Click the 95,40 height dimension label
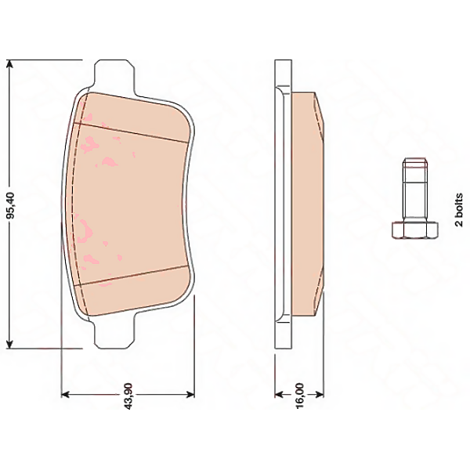coord(11,205)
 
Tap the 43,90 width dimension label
coord(128,396)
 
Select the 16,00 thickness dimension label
coord(299,396)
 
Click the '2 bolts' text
coord(459,210)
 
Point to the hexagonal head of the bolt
coord(415,230)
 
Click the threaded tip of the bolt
coord(415,163)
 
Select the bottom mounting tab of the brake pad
coord(114,333)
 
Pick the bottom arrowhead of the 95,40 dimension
coord(10,342)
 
